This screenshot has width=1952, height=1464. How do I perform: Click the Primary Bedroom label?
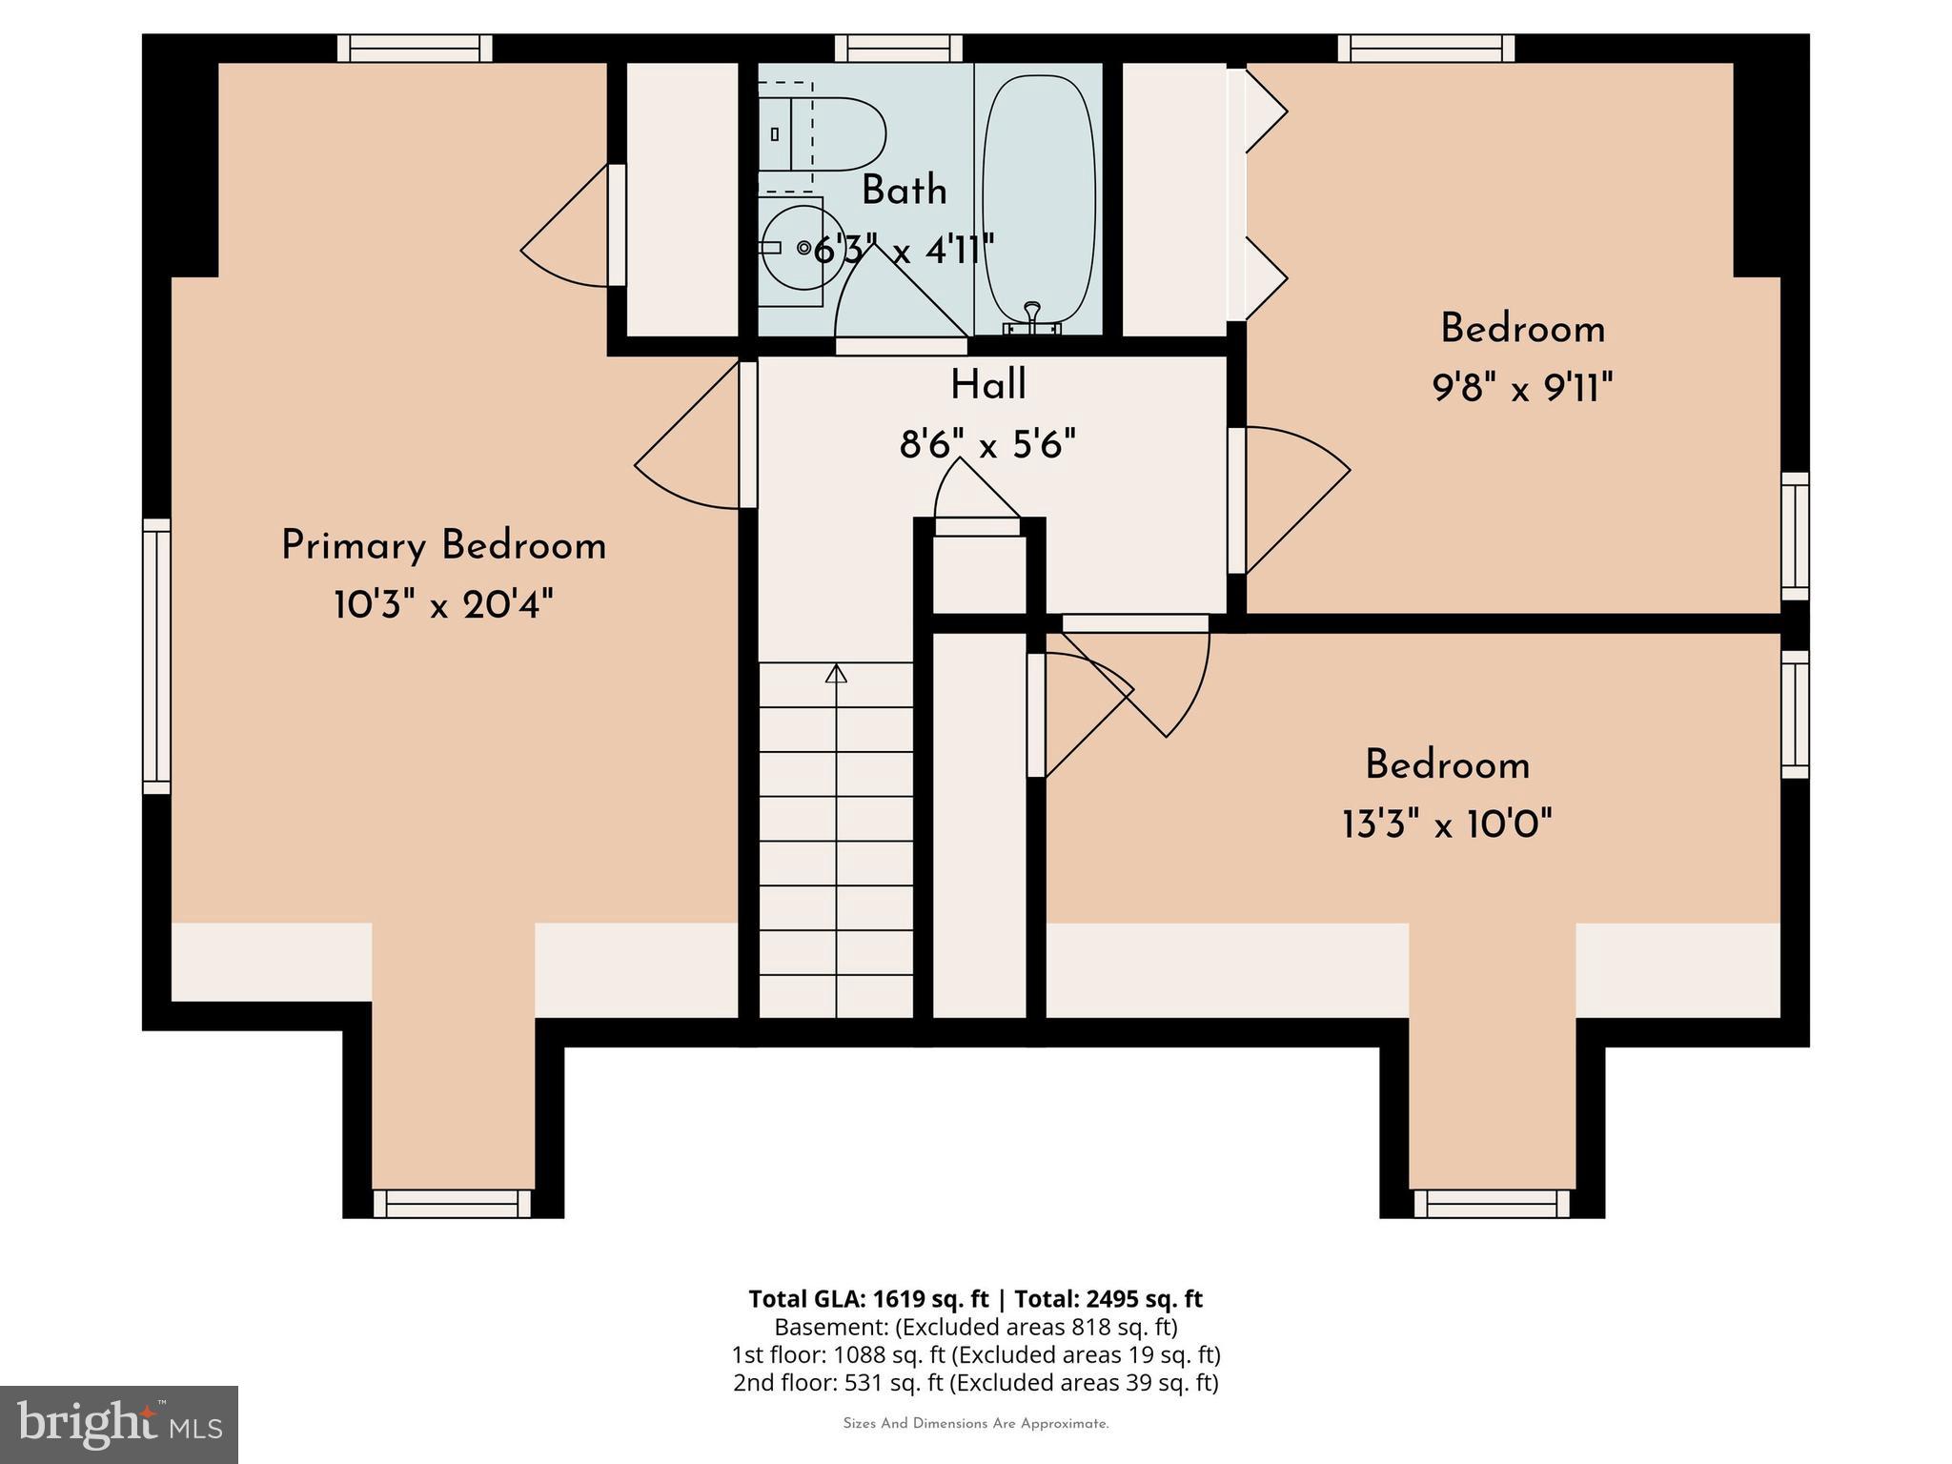click(443, 546)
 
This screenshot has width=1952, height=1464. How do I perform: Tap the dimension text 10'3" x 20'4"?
click(443, 605)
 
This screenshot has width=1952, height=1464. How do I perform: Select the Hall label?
click(987, 386)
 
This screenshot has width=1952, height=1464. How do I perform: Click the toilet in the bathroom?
click(829, 133)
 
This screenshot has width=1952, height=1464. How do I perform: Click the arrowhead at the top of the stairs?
click(836, 674)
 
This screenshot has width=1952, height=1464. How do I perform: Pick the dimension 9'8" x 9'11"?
click(1522, 389)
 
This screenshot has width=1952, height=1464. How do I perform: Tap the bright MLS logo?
click(119, 1424)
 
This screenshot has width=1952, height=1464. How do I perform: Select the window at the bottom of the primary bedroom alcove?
click(452, 1203)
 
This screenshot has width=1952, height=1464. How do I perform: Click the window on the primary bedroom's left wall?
click(156, 656)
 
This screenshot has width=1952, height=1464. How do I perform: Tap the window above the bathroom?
click(898, 48)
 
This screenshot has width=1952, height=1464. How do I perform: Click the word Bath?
click(904, 191)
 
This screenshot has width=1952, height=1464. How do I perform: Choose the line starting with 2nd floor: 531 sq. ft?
click(975, 1382)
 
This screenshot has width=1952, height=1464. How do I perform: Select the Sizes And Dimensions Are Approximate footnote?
click(975, 1424)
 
